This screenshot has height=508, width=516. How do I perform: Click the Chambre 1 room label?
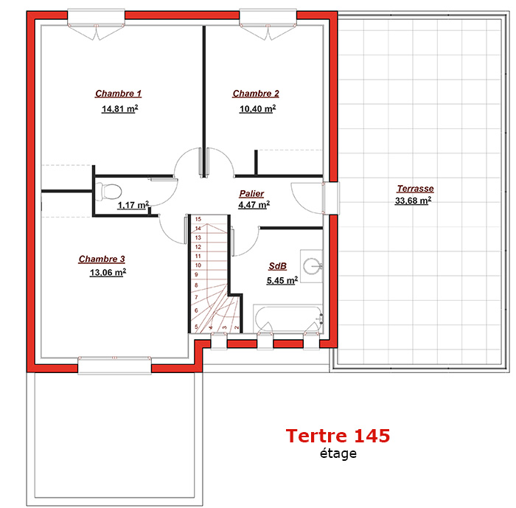(x=118, y=94)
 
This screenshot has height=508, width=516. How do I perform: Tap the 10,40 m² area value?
(x=257, y=108)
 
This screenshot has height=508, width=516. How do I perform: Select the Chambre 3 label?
(x=102, y=259)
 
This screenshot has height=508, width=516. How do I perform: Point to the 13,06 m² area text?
(x=108, y=272)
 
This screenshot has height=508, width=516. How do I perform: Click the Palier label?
(x=251, y=193)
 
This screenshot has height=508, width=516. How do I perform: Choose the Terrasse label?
(x=415, y=189)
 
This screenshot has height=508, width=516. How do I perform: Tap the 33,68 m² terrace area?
(x=413, y=201)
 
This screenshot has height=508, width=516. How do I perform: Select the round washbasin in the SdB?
(x=311, y=266)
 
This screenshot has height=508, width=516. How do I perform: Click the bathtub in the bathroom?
(x=288, y=319)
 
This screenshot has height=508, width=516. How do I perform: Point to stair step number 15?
(x=198, y=219)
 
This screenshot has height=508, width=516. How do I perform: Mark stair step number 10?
(x=198, y=265)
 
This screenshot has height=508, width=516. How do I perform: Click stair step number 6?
(x=197, y=310)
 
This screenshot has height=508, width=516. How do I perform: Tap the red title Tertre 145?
(x=338, y=435)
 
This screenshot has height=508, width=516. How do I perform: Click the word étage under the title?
(x=338, y=453)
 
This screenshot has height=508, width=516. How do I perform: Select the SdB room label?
(x=277, y=266)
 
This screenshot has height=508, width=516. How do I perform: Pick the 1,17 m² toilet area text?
(x=133, y=205)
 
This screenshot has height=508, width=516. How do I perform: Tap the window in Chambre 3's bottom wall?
(x=114, y=365)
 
